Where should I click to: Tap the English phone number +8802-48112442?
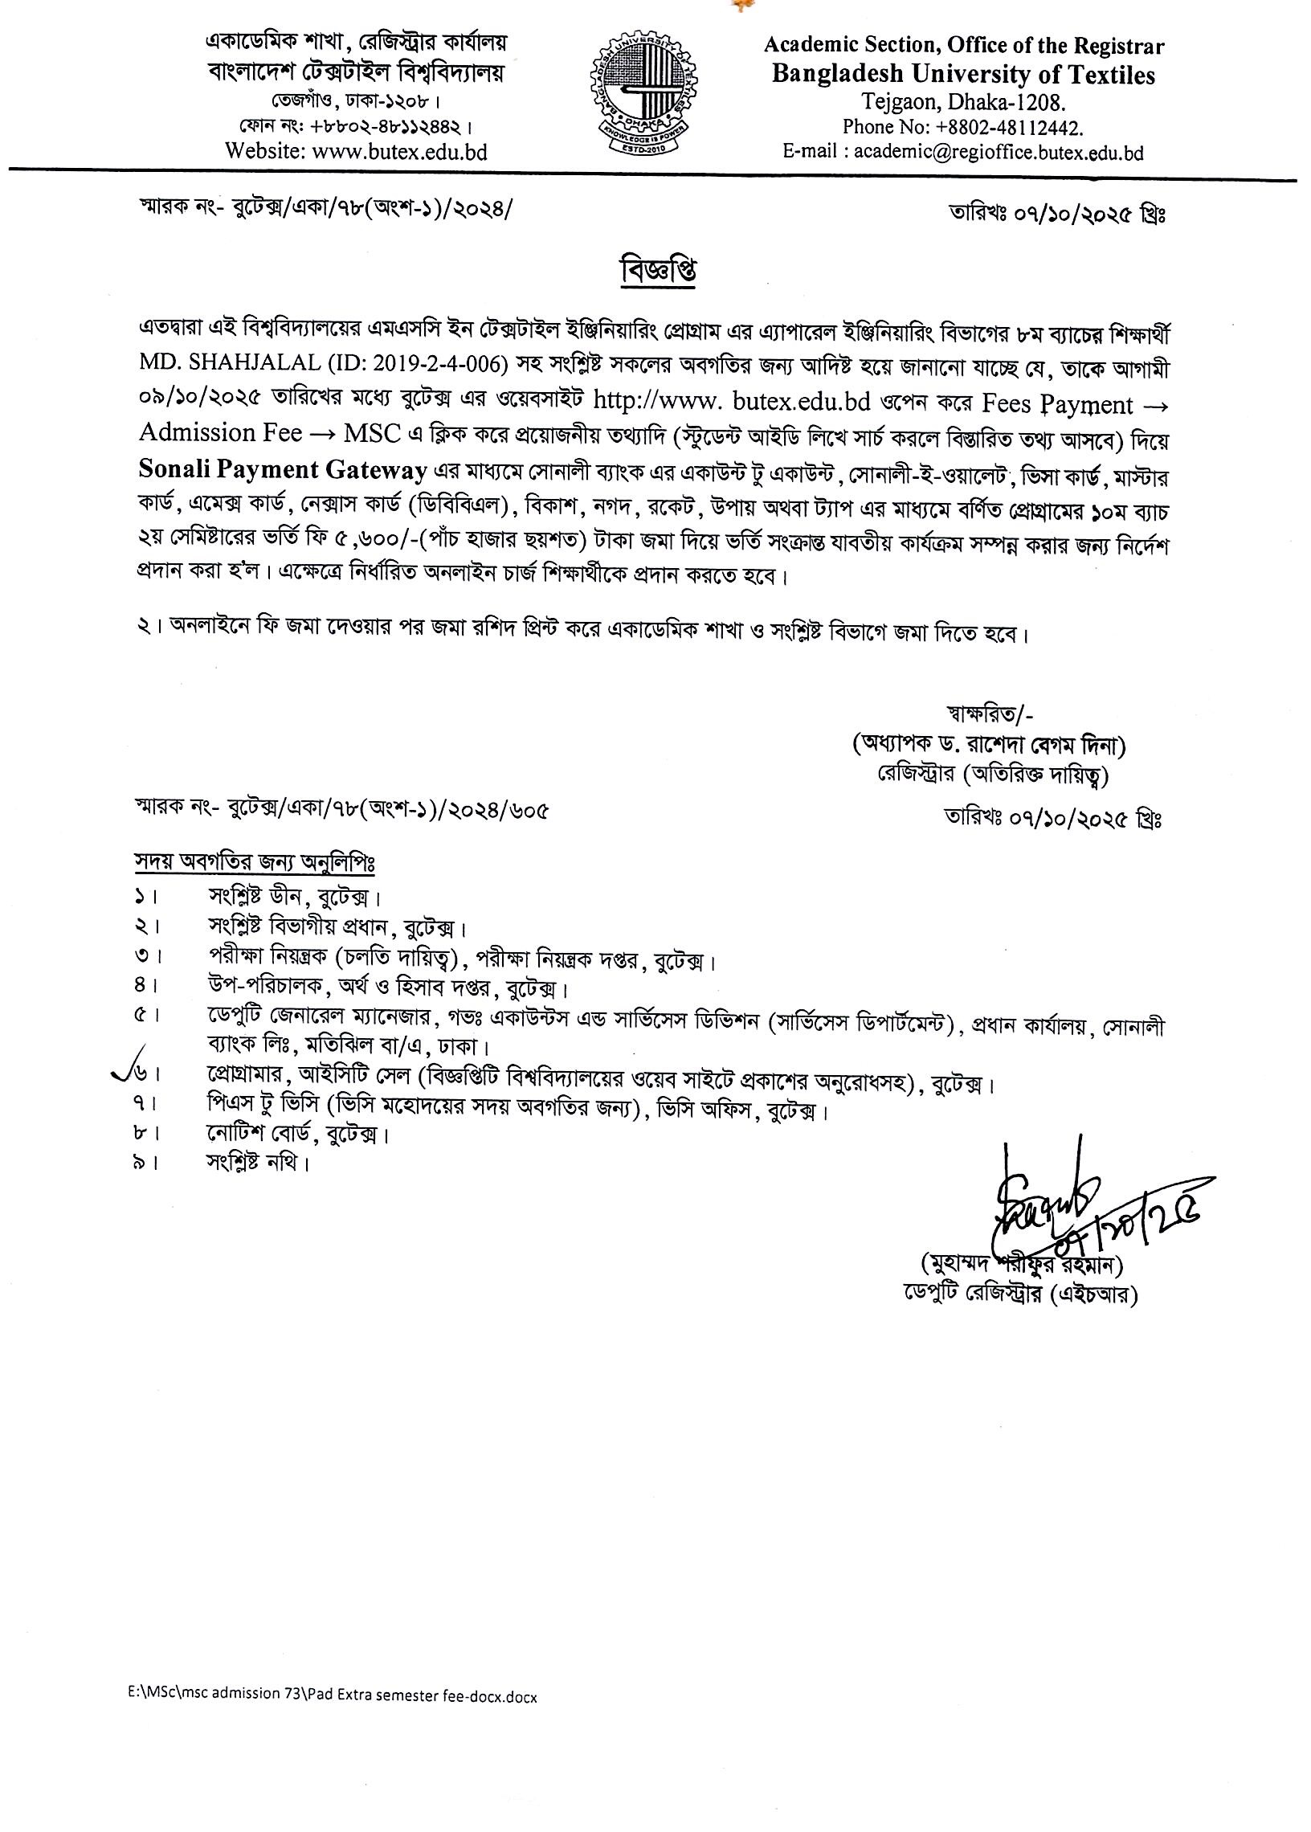click(x=963, y=127)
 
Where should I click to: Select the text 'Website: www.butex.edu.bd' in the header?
click(x=357, y=151)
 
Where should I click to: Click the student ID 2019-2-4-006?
click(x=439, y=365)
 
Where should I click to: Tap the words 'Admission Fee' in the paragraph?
click(x=221, y=434)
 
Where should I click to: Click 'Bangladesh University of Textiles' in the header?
click(x=963, y=75)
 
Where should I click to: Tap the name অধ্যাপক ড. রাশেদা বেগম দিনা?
click(x=990, y=745)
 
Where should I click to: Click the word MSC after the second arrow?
click(x=372, y=434)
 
